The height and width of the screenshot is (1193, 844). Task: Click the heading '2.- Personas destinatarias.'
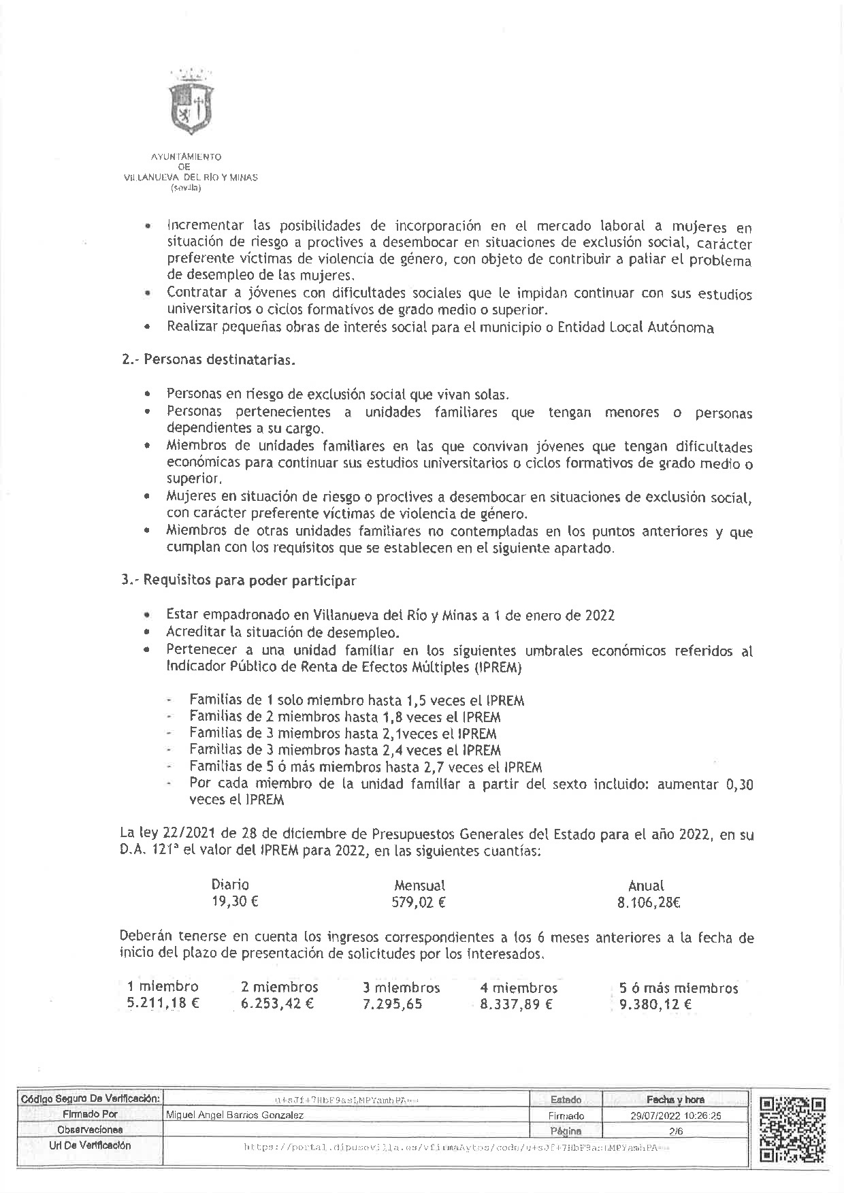click(x=208, y=359)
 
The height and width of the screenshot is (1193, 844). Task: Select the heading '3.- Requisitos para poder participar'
click(x=238, y=581)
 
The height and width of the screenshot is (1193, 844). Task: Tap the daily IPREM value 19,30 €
click(x=235, y=902)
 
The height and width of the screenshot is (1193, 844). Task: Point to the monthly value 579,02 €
click(x=419, y=903)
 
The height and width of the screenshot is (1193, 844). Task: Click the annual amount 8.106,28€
click(x=649, y=903)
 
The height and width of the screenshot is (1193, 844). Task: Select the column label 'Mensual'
click(x=419, y=885)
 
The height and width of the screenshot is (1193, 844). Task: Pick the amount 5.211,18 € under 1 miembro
click(x=163, y=1004)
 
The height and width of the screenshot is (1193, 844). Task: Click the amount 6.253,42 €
click(x=277, y=1004)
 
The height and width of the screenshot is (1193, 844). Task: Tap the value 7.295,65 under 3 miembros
click(x=393, y=1004)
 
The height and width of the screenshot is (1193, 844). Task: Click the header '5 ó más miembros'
click(x=679, y=987)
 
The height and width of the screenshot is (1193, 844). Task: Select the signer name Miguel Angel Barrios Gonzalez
click(x=235, y=1115)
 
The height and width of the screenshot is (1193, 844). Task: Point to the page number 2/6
click(x=676, y=1131)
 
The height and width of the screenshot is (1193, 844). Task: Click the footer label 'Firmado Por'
click(x=90, y=1115)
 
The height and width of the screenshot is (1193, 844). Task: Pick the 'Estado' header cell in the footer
click(x=566, y=1100)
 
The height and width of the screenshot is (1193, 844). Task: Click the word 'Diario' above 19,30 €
click(x=230, y=885)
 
